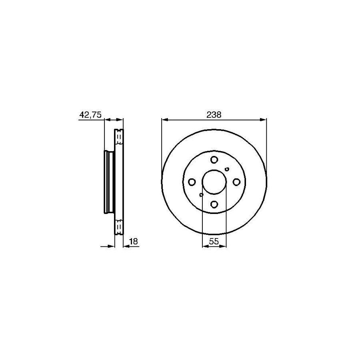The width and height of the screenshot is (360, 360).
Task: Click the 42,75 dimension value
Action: [91, 115]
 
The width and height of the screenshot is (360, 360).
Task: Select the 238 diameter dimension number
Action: [214, 115]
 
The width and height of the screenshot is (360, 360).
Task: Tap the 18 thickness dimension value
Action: [134, 241]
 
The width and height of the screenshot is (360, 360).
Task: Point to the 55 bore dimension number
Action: [214, 241]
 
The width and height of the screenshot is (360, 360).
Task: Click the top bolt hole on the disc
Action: [214, 160]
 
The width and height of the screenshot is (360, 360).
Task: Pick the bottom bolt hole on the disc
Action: [214, 205]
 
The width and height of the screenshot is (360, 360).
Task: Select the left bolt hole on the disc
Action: [192, 182]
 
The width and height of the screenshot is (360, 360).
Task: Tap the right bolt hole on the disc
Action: [237, 182]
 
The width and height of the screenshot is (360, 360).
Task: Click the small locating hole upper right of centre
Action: [227, 169]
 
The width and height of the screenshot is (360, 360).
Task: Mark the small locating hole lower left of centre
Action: [202, 195]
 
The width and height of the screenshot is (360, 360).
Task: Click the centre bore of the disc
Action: [214, 182]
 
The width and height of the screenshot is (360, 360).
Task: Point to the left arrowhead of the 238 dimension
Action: [164, 119]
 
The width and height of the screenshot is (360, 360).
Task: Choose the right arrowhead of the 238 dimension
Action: [264, 119]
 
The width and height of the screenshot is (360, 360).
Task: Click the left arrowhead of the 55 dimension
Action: [205, 246]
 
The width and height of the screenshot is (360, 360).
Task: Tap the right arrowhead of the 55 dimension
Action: [224, 246]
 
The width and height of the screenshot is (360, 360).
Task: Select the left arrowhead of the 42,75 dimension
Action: [107, 119]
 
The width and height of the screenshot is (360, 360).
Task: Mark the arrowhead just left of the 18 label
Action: [126, 246]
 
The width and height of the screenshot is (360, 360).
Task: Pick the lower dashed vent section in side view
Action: [119, 227]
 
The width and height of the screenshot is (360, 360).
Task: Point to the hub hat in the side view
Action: [108, 182]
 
